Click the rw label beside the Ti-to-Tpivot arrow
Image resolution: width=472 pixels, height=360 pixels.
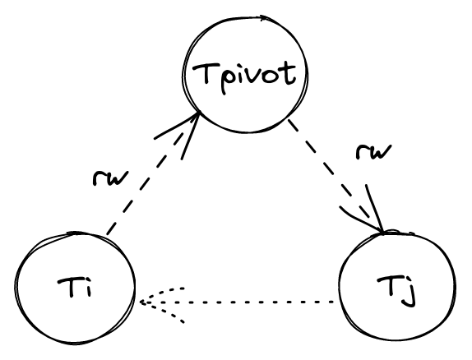pyautogui.click(x=110, y=178)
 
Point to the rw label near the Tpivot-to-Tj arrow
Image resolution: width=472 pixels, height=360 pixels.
pyautogui.click(x=373, y=152)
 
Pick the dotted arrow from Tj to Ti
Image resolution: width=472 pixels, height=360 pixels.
pyautogui.click(x=237, y=302)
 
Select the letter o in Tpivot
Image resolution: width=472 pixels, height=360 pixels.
pyautogui.click(x=273, y=76)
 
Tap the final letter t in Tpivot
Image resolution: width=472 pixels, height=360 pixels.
pyautogui.click(x=289, y=73)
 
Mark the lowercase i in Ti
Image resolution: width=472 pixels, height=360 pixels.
pyautogui.click(x=88, y=289)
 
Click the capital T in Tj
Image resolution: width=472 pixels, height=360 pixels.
pyautogui.click(x=389, y=287)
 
